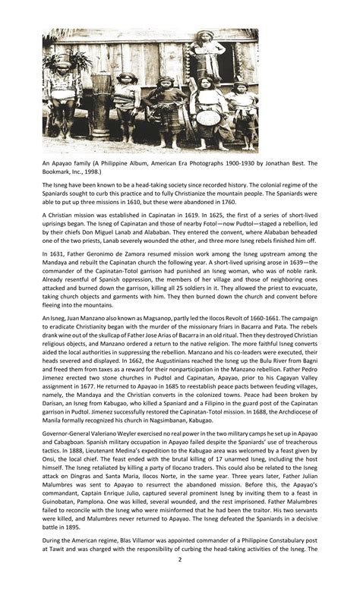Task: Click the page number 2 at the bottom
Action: point(180,580)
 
